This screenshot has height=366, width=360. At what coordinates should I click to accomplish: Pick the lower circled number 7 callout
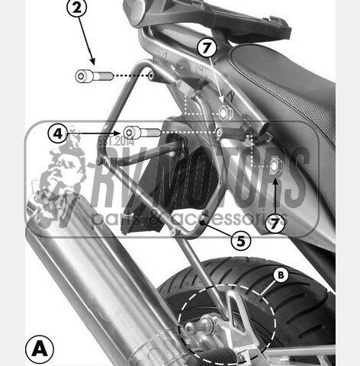(275, 223)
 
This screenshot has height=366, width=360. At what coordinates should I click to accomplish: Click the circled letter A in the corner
(40, 349)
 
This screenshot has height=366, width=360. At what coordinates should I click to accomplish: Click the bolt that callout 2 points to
(94, 75)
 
